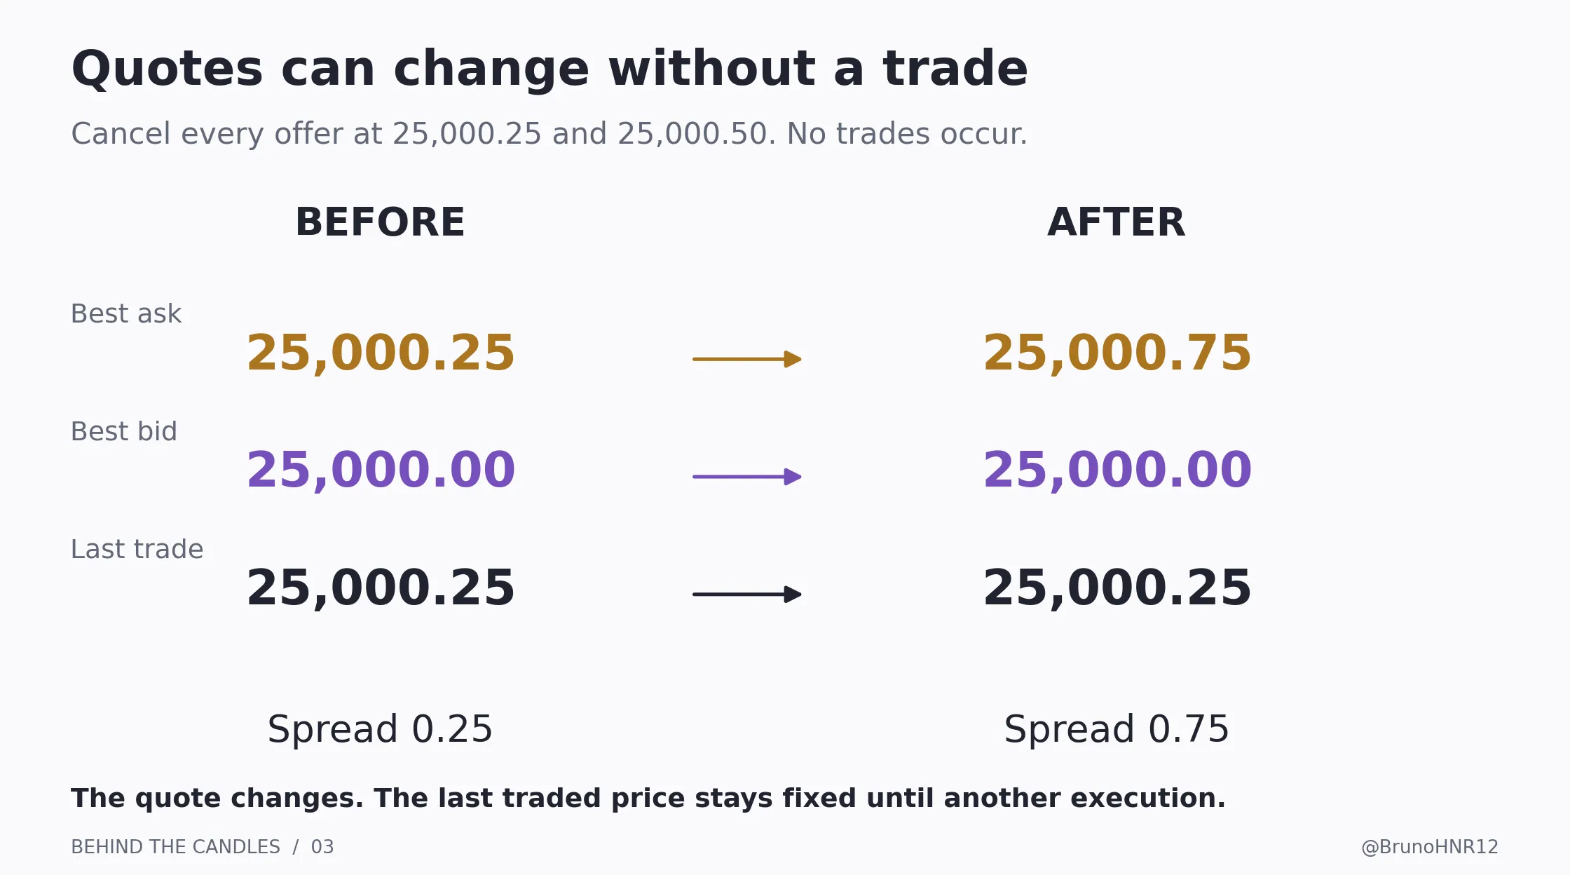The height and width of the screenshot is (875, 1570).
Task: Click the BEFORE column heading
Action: click(381, 222)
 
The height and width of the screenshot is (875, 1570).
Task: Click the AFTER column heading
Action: click(1117, 222)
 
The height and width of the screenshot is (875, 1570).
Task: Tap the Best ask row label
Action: click(126, 313)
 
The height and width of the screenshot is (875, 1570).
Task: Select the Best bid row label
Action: click(124, 431)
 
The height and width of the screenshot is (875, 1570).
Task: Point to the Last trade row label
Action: click(137, 549)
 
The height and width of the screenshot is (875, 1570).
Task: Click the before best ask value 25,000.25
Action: click(381, 353)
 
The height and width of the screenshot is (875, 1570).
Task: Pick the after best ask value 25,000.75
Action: click(1117, 353)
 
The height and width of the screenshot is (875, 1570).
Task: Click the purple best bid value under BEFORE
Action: click(381, 470)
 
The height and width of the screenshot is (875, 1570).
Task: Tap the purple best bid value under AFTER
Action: click(1117, 470)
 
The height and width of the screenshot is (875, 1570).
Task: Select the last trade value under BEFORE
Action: click(381, 588)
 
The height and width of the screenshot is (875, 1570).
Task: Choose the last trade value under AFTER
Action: click(1117, 588)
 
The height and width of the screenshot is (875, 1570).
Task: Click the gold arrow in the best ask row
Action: click(747, 359)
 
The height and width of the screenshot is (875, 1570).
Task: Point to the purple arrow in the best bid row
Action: click(747, 477)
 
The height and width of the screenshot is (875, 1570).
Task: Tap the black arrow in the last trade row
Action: click(747, 595)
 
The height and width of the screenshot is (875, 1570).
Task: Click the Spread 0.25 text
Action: click(381, 729)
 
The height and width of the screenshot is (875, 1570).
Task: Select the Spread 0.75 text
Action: click(1117, 729)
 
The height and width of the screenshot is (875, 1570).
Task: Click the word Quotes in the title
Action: click(167, 69)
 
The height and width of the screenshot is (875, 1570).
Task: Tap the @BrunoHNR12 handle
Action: click(1430, 847)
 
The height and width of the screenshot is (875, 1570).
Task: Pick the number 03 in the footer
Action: click(322, 847)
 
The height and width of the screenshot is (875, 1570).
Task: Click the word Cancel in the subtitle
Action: click(121, 134)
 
